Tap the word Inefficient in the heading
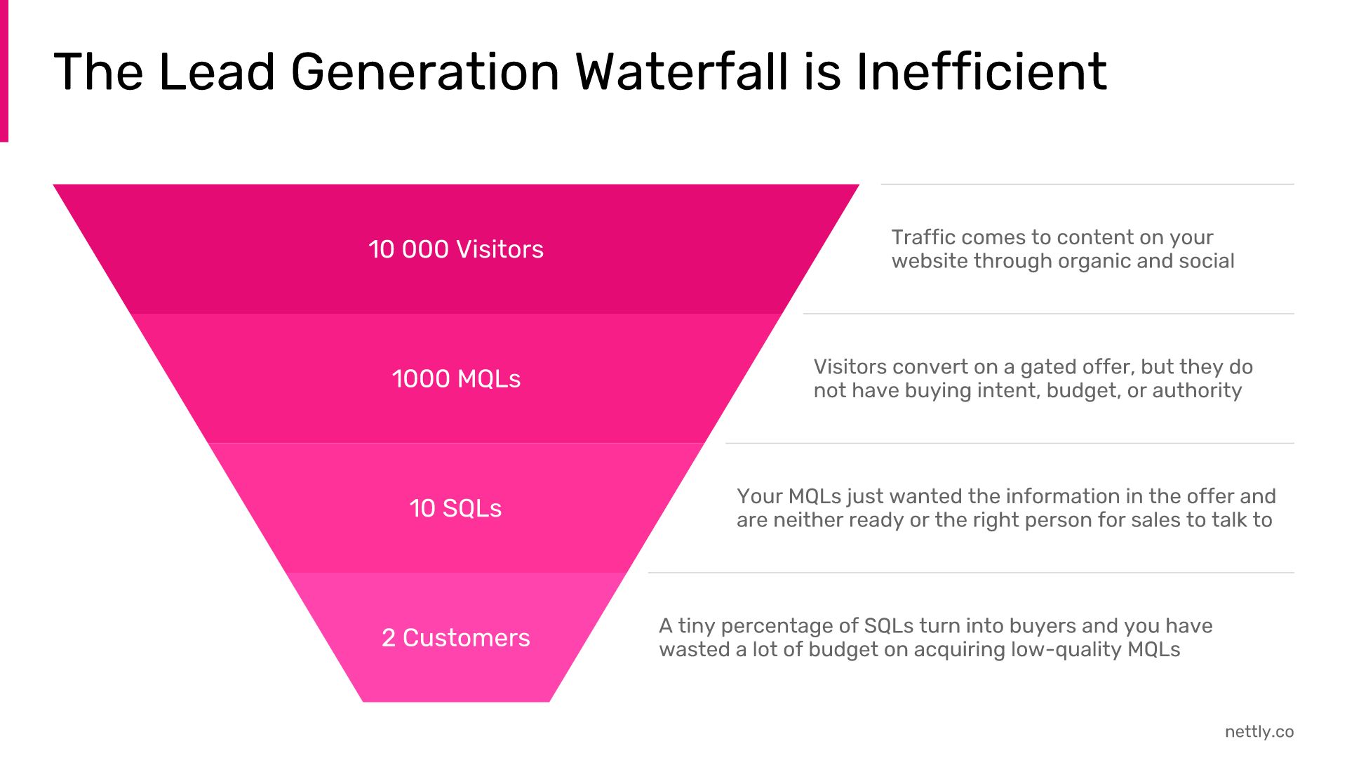click(x=981, y=72)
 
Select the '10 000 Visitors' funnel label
click(x=456, y=249)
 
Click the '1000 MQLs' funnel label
click(x=456, y=379)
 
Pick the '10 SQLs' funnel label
click(x=456, y=508)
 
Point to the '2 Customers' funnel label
click(x=456, y=637)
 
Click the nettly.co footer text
click(x=1259, y=731)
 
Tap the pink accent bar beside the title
click(x=4, y=71)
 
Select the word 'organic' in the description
click(x=1094, y=262)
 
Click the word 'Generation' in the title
click(x=425, y=72)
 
